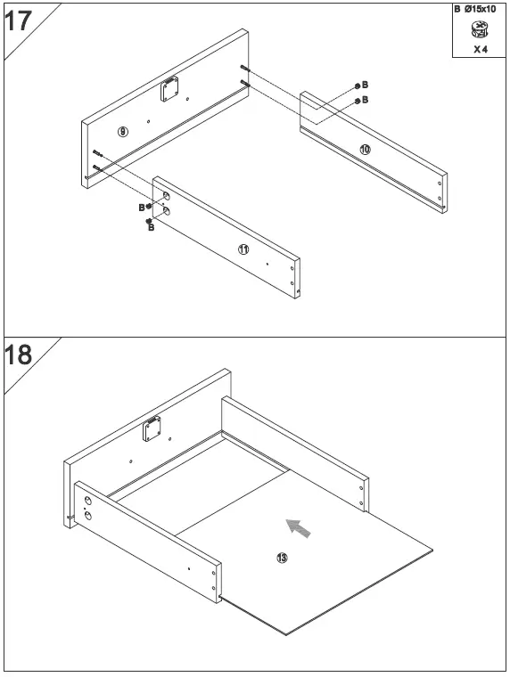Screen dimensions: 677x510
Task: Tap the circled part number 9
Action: (123, 132)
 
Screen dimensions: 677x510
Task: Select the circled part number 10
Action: (365, 150)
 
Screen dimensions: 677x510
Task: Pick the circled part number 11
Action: (243, 249)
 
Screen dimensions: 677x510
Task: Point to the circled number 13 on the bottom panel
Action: (282, 558)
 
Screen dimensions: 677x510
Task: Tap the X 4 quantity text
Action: (481, 49)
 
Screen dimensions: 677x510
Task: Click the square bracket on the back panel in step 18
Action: (152, 431)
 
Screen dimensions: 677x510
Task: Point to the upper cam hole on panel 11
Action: (166, 195)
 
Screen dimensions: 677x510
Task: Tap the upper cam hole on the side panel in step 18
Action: (88, 501)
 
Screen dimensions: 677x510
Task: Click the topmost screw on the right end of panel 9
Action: (245, 69)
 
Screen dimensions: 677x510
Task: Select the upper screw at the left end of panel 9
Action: (97, 154)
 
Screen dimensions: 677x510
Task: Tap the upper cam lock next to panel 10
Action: (358, 86)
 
